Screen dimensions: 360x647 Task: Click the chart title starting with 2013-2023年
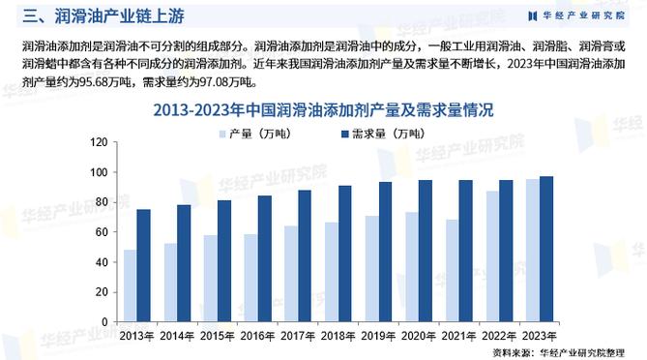coord(323,110)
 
